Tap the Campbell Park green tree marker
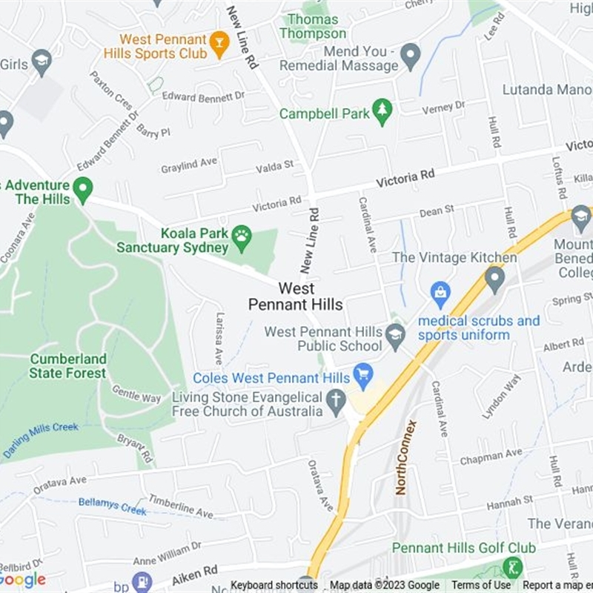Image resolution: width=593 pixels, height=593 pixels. pos(382,111)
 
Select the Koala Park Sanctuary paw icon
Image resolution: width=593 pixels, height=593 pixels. pos(242,237)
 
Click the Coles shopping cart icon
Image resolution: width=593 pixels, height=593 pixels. pos(362,374)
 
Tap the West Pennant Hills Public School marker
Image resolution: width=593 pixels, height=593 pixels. pos(395,335)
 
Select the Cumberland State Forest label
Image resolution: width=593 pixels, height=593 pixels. pos(68,366)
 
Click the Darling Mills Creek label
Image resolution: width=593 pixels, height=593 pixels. pos(42,440)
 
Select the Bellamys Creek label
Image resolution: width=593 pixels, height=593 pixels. pos(113,506)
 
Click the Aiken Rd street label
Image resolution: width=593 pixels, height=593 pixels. pos(195,573)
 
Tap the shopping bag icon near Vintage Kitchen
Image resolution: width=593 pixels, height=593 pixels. pos(440,291)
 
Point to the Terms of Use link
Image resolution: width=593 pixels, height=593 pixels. pos(481,586)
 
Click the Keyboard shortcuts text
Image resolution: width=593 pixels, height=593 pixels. pos(274,586)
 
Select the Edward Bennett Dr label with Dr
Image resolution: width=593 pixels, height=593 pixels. pos(203,96)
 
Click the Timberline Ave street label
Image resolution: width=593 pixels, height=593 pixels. pos(182,506)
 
